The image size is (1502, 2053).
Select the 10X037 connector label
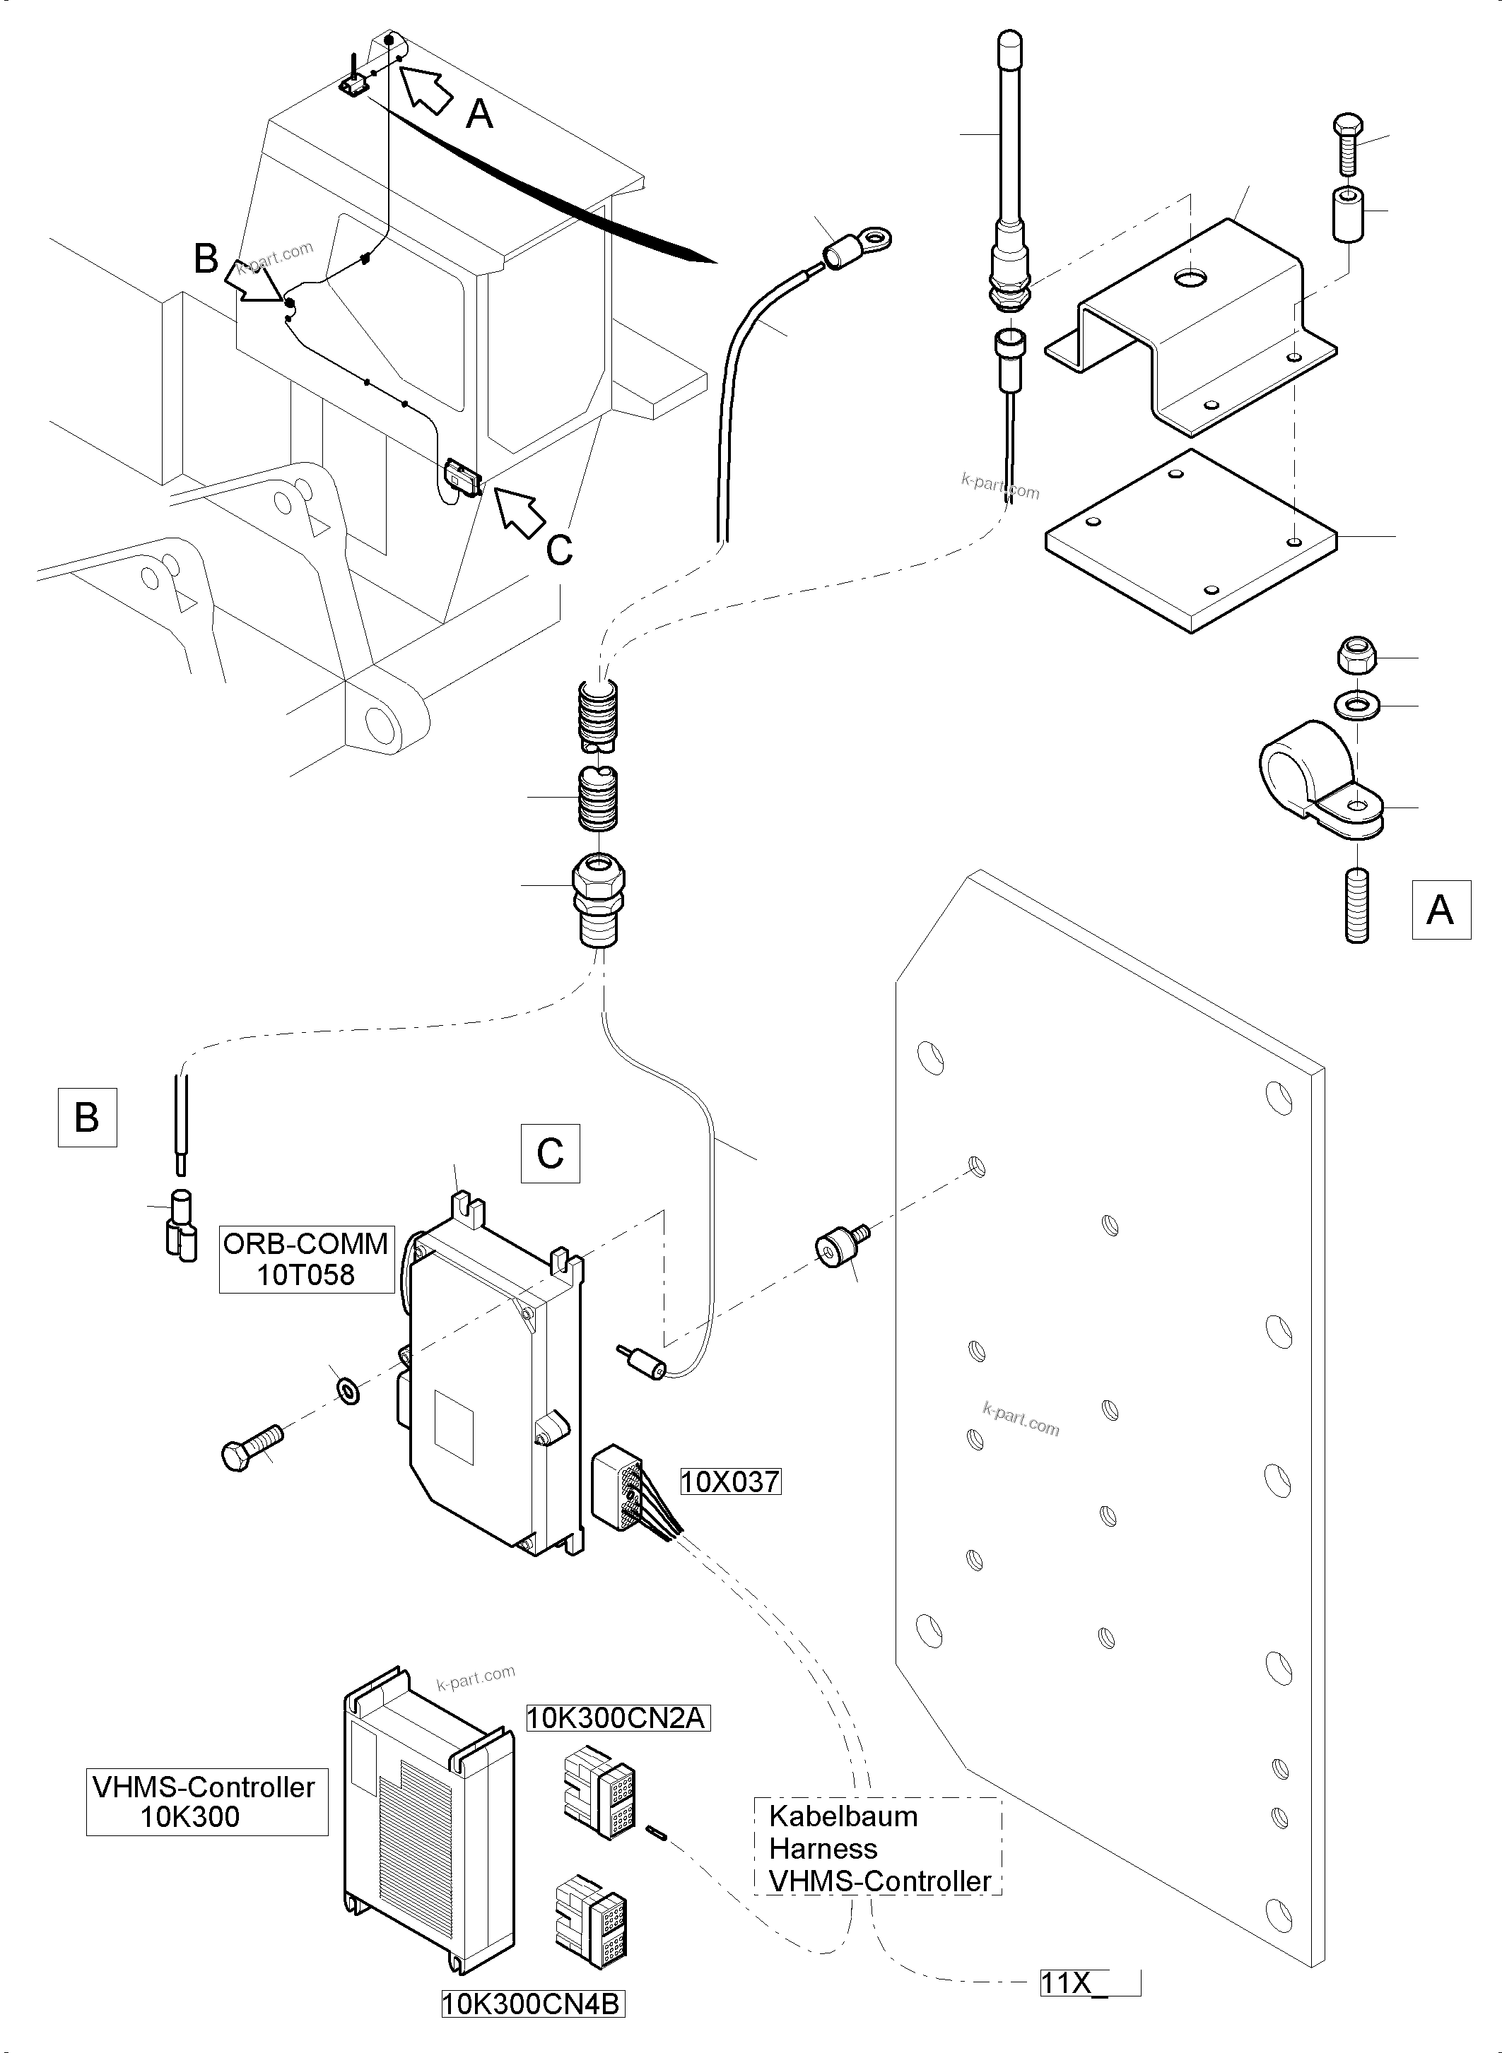(x=730, y=1482)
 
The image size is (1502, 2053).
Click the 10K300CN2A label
(x=616, y=1717)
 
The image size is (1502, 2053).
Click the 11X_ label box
(x=1089, y=1982)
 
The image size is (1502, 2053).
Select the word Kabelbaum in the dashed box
(x=843, y=1816)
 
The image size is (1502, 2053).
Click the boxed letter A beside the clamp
(x=1441, y=909)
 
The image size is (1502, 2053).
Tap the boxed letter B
(x=87, y=1117)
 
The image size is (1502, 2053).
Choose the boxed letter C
(x=550, y=1153)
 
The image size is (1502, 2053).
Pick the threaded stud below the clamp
(x=1356, y=905)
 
